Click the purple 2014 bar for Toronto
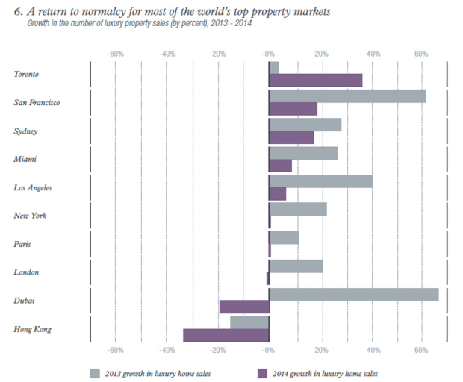point(316,81)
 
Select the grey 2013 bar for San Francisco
point(347,95)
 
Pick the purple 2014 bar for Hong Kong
point(226,336)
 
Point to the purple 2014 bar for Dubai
point(244,307)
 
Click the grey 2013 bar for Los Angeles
point(320,181)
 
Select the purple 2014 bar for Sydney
point(291,137)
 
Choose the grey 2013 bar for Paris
point(284,237)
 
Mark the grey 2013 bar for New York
point(298,209)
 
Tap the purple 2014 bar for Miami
point(280,166)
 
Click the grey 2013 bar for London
point(296,266)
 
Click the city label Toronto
point(27,75)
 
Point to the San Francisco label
point(37,102)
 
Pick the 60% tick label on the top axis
point(421,54)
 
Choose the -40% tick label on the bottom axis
point(167,350)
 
